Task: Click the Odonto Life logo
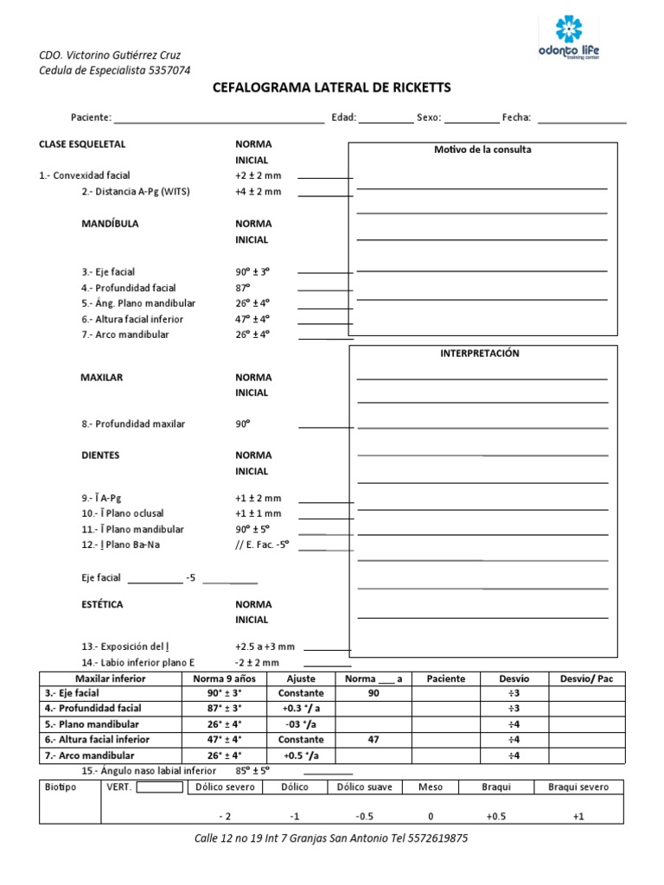point(568,40)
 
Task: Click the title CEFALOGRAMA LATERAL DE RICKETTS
point(331,88)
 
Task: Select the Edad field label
point(343,118)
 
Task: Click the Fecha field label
point(516,118)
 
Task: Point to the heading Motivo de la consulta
point(482,150)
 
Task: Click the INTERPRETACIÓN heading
point(480,353)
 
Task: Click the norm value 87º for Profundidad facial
point(242,287)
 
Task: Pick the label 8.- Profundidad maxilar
point(133,424)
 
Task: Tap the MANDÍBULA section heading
point(110,223)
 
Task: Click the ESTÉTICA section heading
point(102,604)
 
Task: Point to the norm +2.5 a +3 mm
point(265,646)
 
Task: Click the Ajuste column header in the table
point(301,678)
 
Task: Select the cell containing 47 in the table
point(373,740)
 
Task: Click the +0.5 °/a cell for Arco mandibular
point(301,755)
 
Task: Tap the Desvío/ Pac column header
point(586,678)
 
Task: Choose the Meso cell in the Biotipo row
point(430,786)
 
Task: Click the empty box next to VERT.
point(160,786)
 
